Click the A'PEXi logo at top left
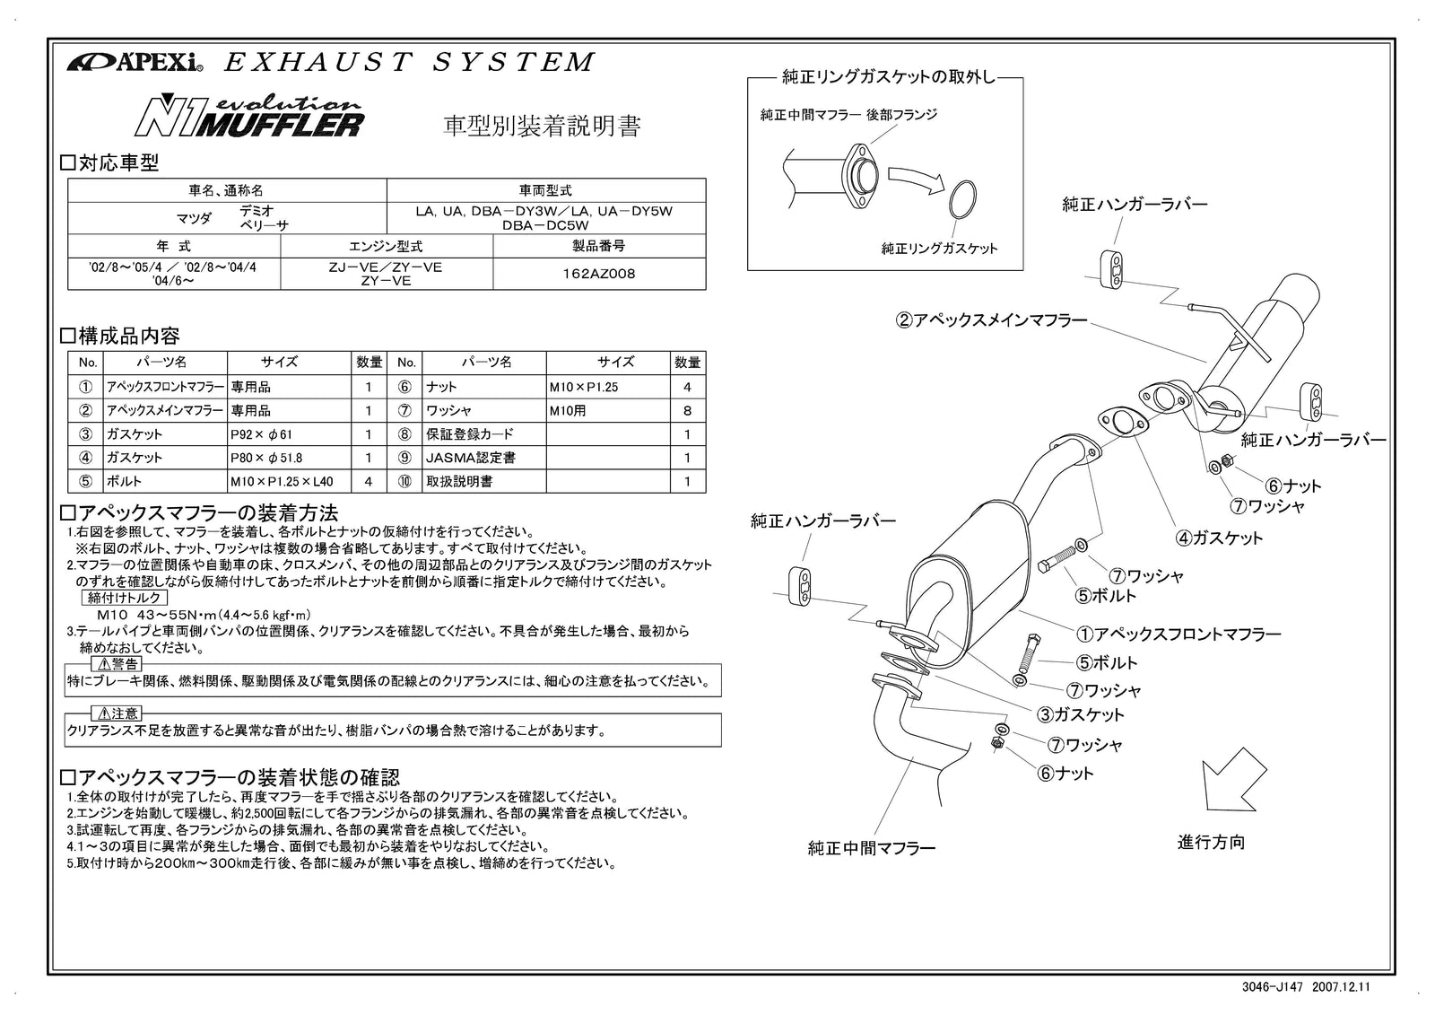pos(134,63)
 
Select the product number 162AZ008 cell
pos(598,274)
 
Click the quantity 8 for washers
pos(687,411)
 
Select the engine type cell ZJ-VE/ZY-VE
pos(387,274)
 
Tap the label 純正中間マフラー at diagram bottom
pos(871,848)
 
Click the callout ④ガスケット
pos(1219,538)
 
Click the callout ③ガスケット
pos(1081,715)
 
